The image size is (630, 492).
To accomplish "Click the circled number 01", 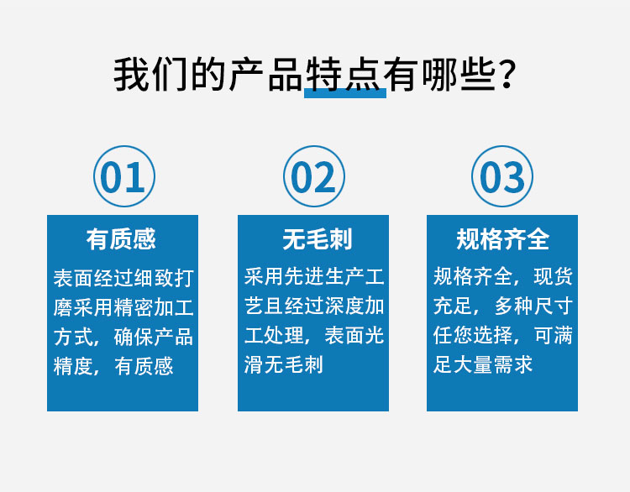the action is (124, 176).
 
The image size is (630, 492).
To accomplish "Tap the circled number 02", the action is (314, 176).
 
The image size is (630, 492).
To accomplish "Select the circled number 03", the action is (502, 176).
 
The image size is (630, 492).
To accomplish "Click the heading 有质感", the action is (121, 239).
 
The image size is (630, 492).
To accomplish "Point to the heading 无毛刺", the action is (318, 239).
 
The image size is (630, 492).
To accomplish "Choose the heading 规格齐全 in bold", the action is (502, 239).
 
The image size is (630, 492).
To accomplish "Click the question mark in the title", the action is (507, 75).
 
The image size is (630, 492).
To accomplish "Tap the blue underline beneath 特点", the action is (345, 93).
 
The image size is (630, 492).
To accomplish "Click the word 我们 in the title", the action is (150, 75).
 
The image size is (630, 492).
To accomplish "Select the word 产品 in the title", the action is (265, 75).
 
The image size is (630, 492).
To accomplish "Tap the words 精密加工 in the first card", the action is (154, 307).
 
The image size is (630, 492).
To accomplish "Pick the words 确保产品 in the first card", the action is (154, 337).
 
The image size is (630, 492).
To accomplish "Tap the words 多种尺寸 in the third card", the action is (533, 306).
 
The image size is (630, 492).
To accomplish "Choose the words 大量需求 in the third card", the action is (492, 364).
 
